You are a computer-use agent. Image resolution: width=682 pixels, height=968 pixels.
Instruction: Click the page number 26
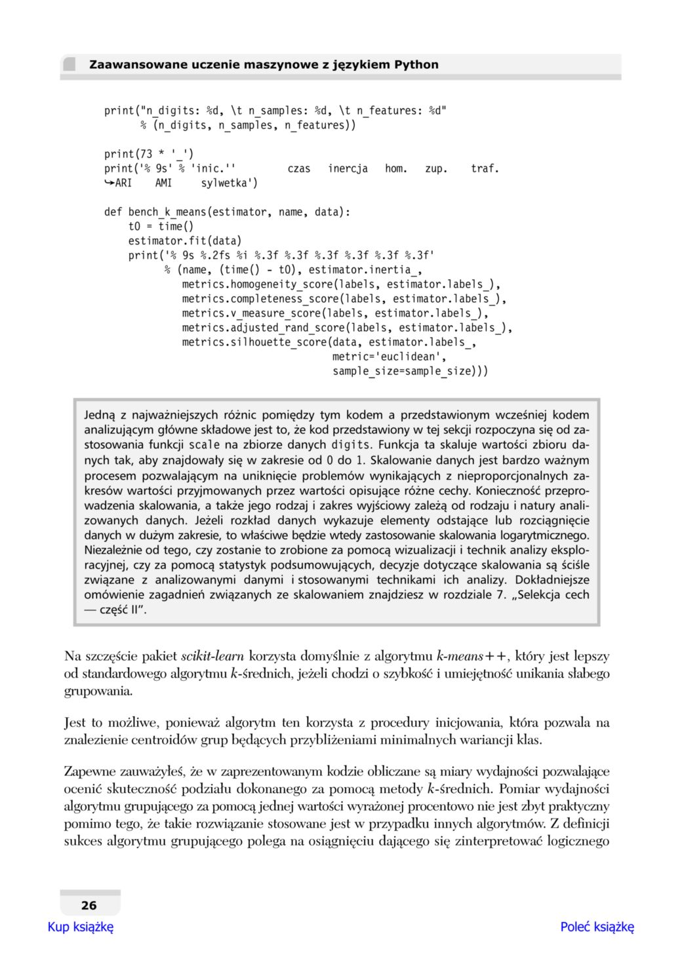[89, 905]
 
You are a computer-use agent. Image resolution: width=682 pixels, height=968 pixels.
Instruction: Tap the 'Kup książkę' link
[81, 927]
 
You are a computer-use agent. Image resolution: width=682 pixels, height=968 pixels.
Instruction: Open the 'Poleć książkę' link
[597, 927]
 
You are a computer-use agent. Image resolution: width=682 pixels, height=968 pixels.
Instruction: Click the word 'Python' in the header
[416, 64]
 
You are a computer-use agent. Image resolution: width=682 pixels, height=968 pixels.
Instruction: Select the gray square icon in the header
[69, 64]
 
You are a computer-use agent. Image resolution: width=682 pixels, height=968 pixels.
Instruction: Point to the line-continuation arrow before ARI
[109, 183]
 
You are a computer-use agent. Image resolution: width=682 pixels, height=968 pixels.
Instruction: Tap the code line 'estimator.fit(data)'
[184, 241]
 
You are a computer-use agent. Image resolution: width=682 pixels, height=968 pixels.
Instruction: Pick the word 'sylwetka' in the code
[226, 183]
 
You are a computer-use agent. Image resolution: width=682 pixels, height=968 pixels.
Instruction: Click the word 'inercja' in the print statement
[348, 168]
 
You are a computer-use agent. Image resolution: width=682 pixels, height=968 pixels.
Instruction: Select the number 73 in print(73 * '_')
[145, 154]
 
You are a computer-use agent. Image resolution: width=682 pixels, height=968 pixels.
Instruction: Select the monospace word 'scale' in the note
[205, 445]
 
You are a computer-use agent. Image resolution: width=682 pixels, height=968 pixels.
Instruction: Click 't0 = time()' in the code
[161, 226]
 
